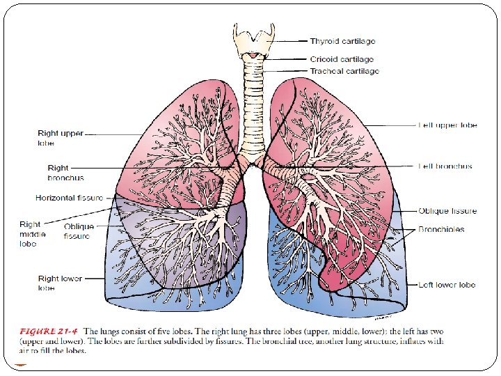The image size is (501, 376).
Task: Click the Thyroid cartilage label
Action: (x=343, y=42)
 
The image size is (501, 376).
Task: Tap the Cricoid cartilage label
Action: (x=342, y=60)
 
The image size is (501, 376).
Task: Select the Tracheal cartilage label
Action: (x=344, y=72)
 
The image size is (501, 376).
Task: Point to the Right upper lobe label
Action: (x=61, y=138)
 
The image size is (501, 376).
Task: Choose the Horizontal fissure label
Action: (x=69, y=198)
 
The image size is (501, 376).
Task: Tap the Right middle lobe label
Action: (x=33, y=234)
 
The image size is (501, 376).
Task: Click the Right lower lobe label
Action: (x=60, y=283)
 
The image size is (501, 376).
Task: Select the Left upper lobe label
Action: (x=447, y=125)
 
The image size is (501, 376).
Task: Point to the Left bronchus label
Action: (x=445, y=166)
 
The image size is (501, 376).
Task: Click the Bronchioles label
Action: (x=441, y=229)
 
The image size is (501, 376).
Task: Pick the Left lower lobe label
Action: (x=447, y=285)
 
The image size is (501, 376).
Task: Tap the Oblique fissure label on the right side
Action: (x=447, y=211)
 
